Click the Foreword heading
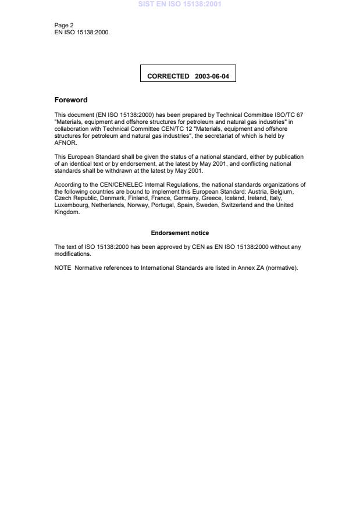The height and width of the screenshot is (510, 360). tap(71, 99)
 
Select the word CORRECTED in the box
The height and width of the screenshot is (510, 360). tap(168, 76)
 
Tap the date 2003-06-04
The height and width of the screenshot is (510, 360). tap(212, 76)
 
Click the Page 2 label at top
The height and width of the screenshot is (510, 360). tap(63, 26)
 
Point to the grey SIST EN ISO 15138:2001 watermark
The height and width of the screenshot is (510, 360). tap(180, 5)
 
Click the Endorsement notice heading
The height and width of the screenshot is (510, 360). tap(180, 233)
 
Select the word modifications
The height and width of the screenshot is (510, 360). tap(72, 254)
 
